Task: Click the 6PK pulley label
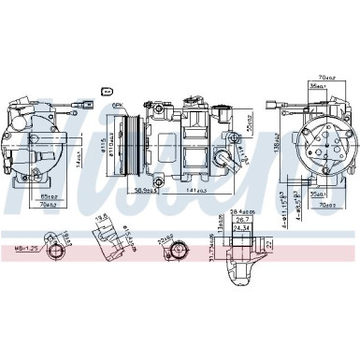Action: pos(119,105)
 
